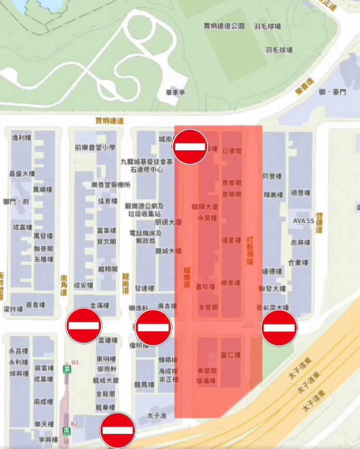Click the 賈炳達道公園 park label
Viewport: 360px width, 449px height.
pos(224,26)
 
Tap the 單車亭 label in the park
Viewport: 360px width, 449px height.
pos(175,92)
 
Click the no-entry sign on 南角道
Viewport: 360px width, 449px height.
pos(84,326)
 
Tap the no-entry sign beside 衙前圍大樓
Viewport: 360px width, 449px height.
pos(279,328)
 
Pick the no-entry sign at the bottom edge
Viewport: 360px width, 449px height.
pos(118,430)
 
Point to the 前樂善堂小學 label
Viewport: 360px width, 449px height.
pos(95,148)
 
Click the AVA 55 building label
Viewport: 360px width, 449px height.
pos(303,220)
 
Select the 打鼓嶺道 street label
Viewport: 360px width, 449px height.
pos(249,250)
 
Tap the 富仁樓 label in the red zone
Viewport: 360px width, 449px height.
pos(230,355)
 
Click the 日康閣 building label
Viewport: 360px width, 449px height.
pos(231,150)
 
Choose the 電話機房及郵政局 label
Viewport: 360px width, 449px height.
pos(145,236)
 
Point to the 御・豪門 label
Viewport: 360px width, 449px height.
pos(332,92)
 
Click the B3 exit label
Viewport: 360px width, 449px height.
pos(74,362)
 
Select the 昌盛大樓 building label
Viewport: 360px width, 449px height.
pos(22,173)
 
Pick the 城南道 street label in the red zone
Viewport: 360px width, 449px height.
pos(187,278)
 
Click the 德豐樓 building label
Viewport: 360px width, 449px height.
pos(300,193)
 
